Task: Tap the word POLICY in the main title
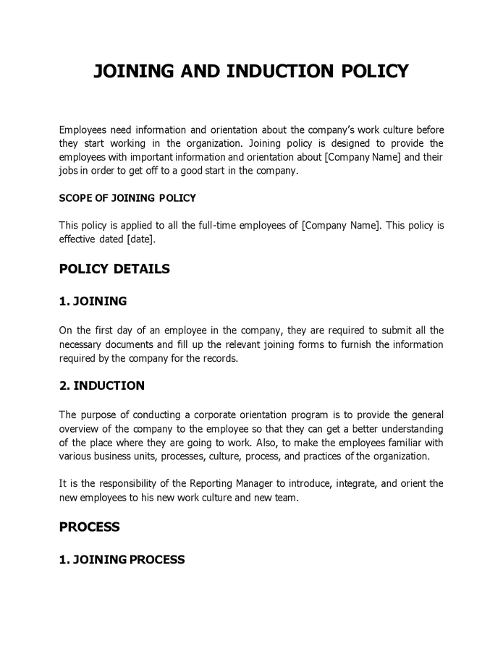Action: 372,71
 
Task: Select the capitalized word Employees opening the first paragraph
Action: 83,130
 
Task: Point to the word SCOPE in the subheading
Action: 75,197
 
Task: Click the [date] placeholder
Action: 140,239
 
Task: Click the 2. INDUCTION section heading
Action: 101,386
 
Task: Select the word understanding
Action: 410,429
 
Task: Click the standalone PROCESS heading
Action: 89,527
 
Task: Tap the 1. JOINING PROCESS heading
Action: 122,559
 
